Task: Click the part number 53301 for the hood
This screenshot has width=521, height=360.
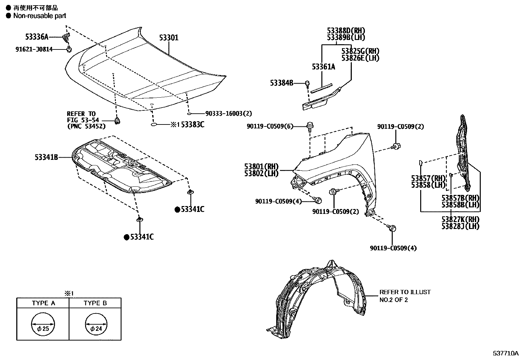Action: click(x=169, y=38)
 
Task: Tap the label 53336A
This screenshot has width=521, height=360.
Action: click(x=37, y=36)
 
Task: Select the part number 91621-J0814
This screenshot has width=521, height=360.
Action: click(x=34, y=49)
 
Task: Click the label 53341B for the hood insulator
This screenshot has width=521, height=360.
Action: click(x=46, y=158)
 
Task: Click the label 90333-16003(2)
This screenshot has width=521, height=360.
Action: click(x=228, y=114)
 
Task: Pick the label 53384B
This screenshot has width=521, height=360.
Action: click(x=281, y=83)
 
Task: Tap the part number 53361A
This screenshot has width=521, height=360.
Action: click(x=323, y=67)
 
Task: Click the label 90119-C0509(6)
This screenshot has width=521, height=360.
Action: click(x=270, y=126)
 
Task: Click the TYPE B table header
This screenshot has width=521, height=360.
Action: click(x=95, y=303)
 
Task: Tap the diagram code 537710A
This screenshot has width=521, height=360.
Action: click(x=506, y=353)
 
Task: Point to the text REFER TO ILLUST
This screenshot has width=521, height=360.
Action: click(x=405, y=292)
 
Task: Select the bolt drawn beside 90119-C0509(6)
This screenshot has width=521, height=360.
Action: click(x=310, y=125)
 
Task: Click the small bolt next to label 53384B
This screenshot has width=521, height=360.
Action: click(x=307, y=84)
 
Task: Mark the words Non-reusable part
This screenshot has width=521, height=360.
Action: click(x=40, y=16)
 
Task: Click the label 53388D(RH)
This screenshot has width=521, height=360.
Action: click(x=346, y=30)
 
